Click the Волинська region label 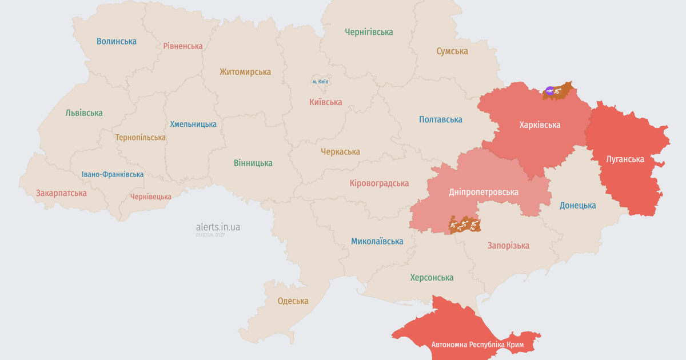pyautogui.click(x=117, y=41)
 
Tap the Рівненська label pyautogui.click(x=183, y=46)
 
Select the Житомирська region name pyautogui.click(x=245, y=72)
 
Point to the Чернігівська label pyautogui.click(x=369, y=32)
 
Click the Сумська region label pyautogui.click(x=452, y=51)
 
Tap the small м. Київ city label pyautogui.click(x=320, y=82)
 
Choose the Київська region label pyautogui.click(x=325, y=102)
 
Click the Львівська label pyautogui.click(x=84, y=113)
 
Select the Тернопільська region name pyautogui.click(x=140, y=138)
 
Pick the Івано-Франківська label pyautogui.click(x=113, y=174)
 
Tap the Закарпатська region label pyautogui.click(x=61, y=193)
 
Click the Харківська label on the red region pyautogui.click(x=540, y=125)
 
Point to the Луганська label pyautogui.click(x=625, y=159)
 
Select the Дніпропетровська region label pyautogui.click(x=484, y=192)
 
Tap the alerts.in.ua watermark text pyautogui.click(x=218, y=227)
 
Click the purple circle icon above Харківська pyautogui.click(x=549, y=90)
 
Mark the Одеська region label pyautogui.click(x=293, y=301)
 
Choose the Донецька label pyautogui.click(x=577, y=205)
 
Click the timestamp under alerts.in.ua pyautogui.click(x=210, y=235)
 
